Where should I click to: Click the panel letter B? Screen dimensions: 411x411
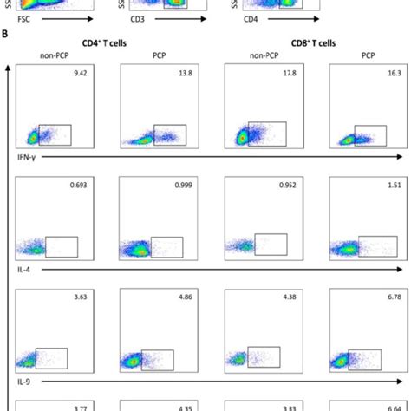pos(6,35)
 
